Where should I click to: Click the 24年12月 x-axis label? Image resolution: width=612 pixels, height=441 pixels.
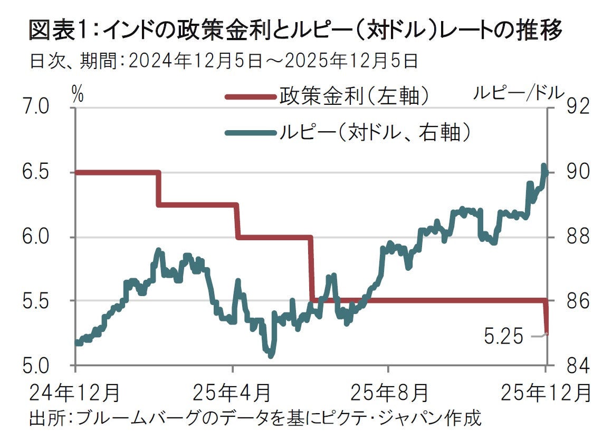click(x=75, y=393)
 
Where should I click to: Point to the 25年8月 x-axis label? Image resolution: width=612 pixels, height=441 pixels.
click(x=389, y=393)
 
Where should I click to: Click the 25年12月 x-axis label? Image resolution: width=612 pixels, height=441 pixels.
click(x=544, y=393)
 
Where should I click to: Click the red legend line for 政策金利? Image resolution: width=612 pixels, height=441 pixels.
click(x=251, y=97)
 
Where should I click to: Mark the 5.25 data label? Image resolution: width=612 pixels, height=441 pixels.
click(x=503, y=336)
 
